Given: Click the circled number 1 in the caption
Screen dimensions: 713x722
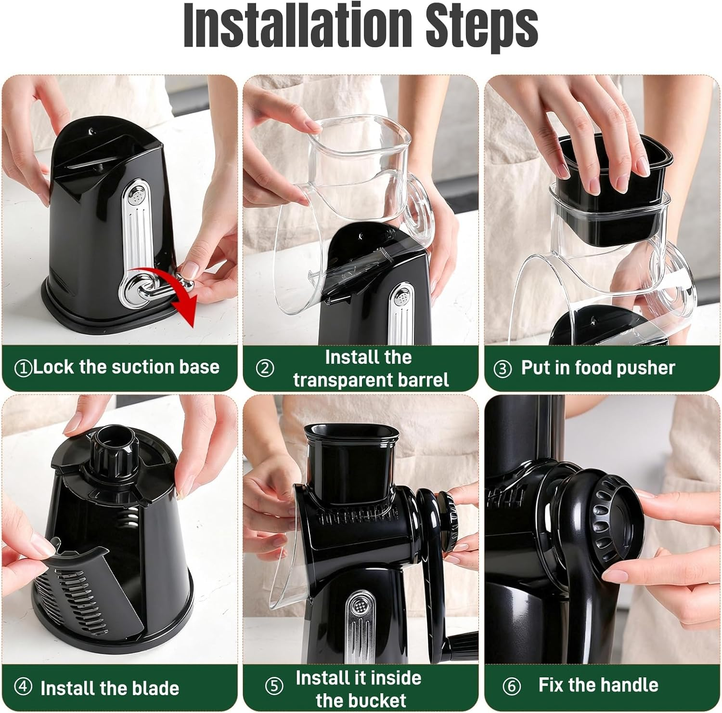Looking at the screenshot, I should click(23, 369).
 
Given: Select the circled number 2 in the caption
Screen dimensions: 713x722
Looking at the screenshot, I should click(265, 369).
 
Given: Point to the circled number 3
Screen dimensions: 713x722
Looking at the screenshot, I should click(503, 370).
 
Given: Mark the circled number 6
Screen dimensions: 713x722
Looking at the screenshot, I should click(511, 686).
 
